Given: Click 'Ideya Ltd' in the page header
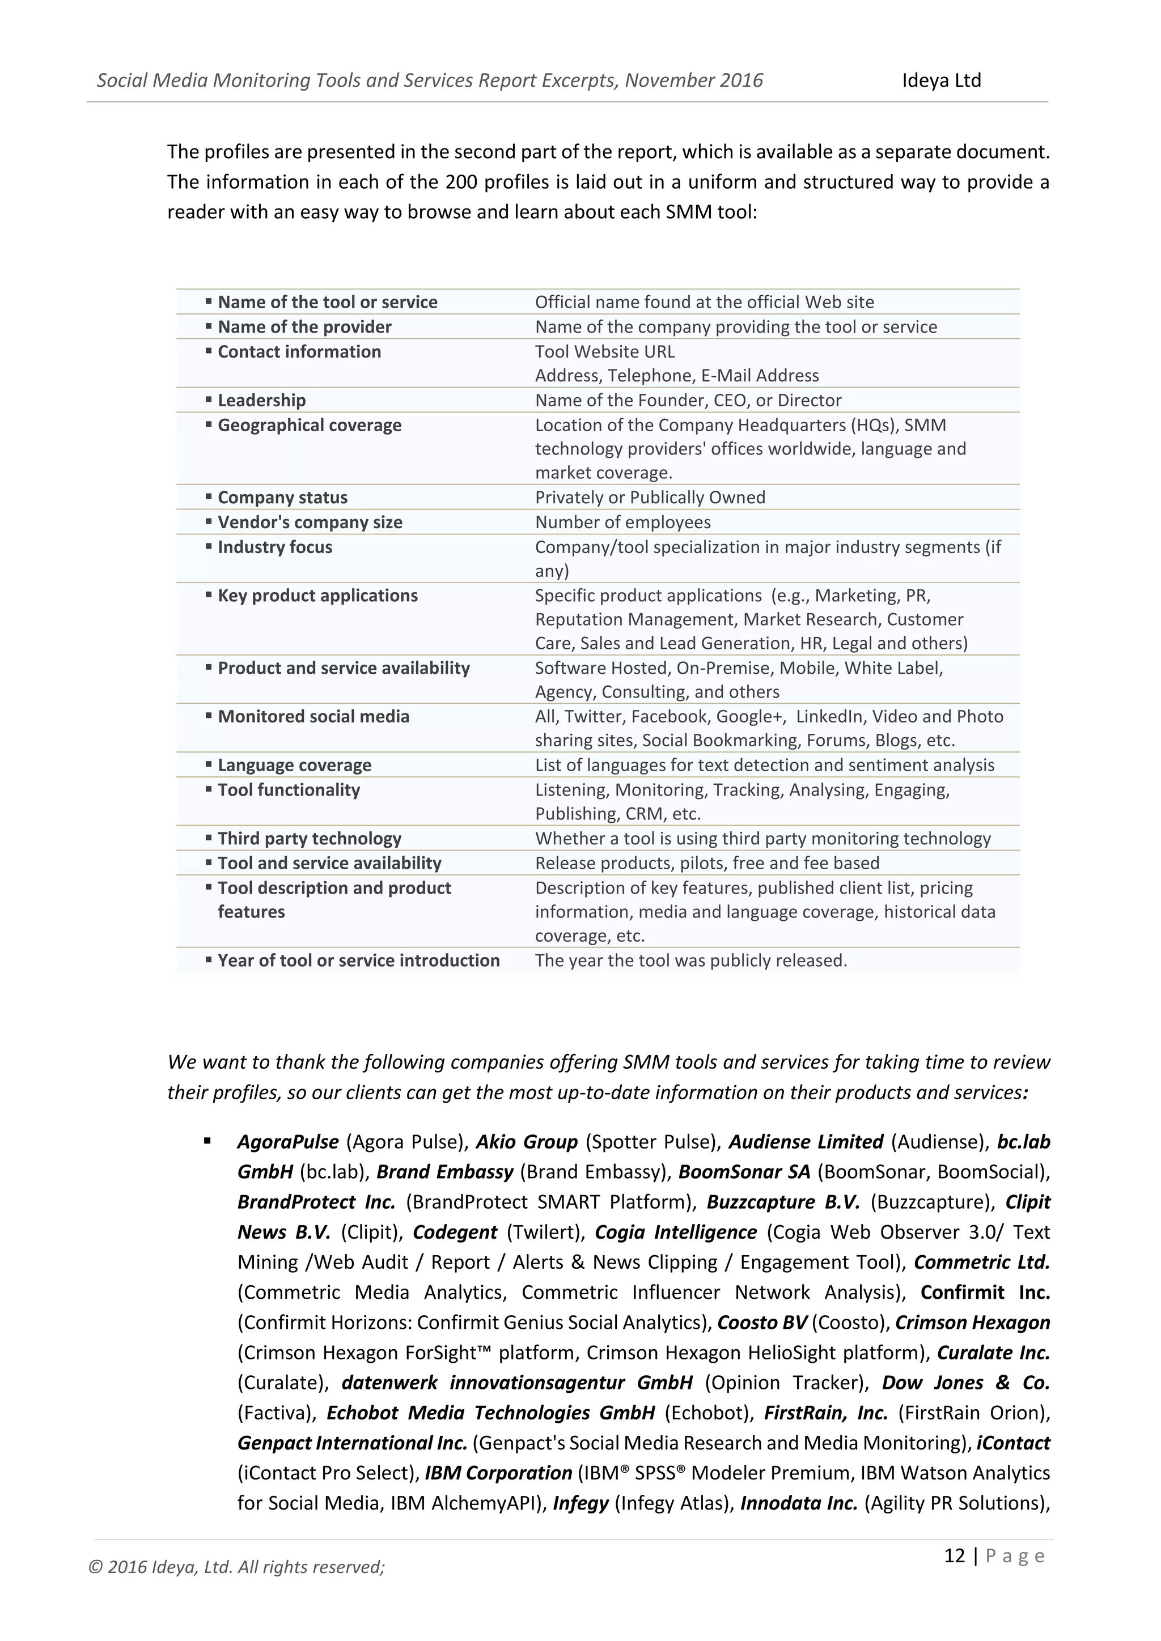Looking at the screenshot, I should pos(941,81).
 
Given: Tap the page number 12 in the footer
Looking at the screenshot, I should pos(955,1556).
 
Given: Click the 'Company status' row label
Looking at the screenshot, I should pos(282,498).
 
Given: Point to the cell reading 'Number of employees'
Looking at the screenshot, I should pos(622,522).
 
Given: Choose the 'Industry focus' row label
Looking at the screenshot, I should pos(274,547).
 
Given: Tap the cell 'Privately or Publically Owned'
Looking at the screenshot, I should pos(650,498).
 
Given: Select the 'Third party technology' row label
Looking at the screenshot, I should pos(309,839).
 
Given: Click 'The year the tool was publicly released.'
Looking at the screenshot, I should pos(690,960).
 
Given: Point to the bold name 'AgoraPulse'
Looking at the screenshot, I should pos(287,1142).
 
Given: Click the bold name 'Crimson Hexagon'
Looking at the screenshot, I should pos(972,1323).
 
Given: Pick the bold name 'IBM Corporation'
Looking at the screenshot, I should pos(498,1473).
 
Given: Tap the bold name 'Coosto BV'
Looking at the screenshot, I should pos(762,1323).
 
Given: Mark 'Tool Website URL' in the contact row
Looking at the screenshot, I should pos(605,352).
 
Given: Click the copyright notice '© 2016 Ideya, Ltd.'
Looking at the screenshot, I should pos(236,1567).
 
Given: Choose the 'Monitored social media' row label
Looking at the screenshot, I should pos(313,717).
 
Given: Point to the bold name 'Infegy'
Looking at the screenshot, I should pos(580,1504).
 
